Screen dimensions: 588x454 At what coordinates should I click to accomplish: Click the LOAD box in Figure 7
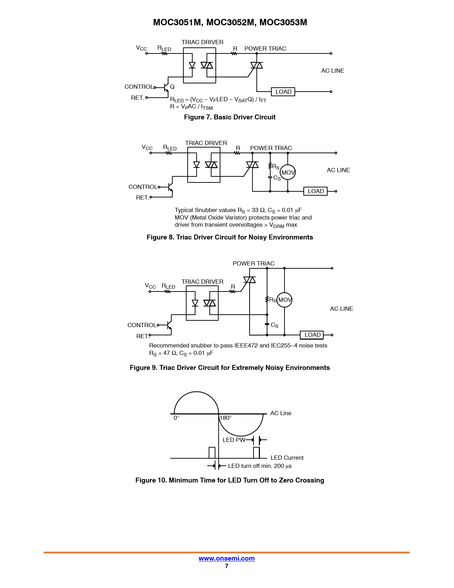coord(283,92)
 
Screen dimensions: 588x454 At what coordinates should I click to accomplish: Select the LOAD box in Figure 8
coord(315,191)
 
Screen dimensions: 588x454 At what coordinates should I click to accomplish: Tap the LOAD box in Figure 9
coord(312,335)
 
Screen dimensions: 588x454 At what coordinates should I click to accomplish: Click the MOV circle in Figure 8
coord(288,172)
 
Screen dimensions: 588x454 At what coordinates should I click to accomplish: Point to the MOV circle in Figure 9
coord(285,300)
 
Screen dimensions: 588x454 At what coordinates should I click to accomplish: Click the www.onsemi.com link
coord(226,558)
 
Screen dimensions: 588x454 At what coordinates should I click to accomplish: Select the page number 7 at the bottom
coord(226,566)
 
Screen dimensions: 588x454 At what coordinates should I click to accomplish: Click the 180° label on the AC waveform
coord(226,418)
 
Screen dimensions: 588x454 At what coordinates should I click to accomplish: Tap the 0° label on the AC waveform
coord(176,418)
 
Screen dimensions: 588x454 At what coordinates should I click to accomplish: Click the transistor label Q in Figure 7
coord(172,87)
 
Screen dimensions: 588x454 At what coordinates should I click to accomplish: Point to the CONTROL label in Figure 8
coord(143,187)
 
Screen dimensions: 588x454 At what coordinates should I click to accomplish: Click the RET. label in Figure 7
coord(137,98)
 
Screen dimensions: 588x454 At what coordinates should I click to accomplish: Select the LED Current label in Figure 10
coord(287,458)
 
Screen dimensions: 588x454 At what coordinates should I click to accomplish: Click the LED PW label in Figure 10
coord(234,440)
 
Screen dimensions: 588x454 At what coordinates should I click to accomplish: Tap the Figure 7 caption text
coord(230,117)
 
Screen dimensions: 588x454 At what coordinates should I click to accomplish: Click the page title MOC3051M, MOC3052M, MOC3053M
coord(230,22)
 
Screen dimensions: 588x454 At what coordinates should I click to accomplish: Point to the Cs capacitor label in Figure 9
coord(275,325)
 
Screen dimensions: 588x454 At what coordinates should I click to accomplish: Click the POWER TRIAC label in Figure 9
coord(254,263)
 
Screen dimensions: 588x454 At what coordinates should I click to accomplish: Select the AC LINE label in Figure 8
coord(338,170)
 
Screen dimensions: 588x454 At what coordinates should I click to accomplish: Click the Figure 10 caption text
coord(230,480)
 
